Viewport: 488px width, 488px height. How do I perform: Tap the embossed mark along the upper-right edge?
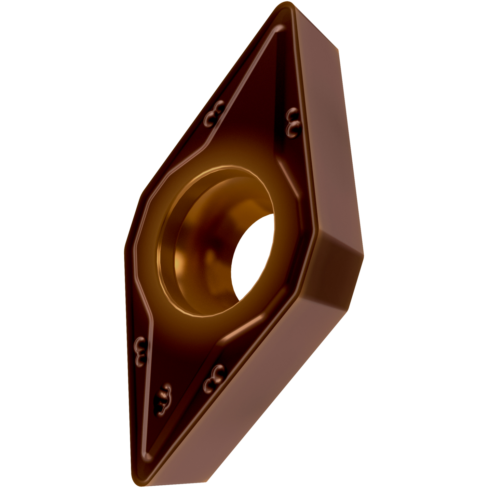click(292, 122)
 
